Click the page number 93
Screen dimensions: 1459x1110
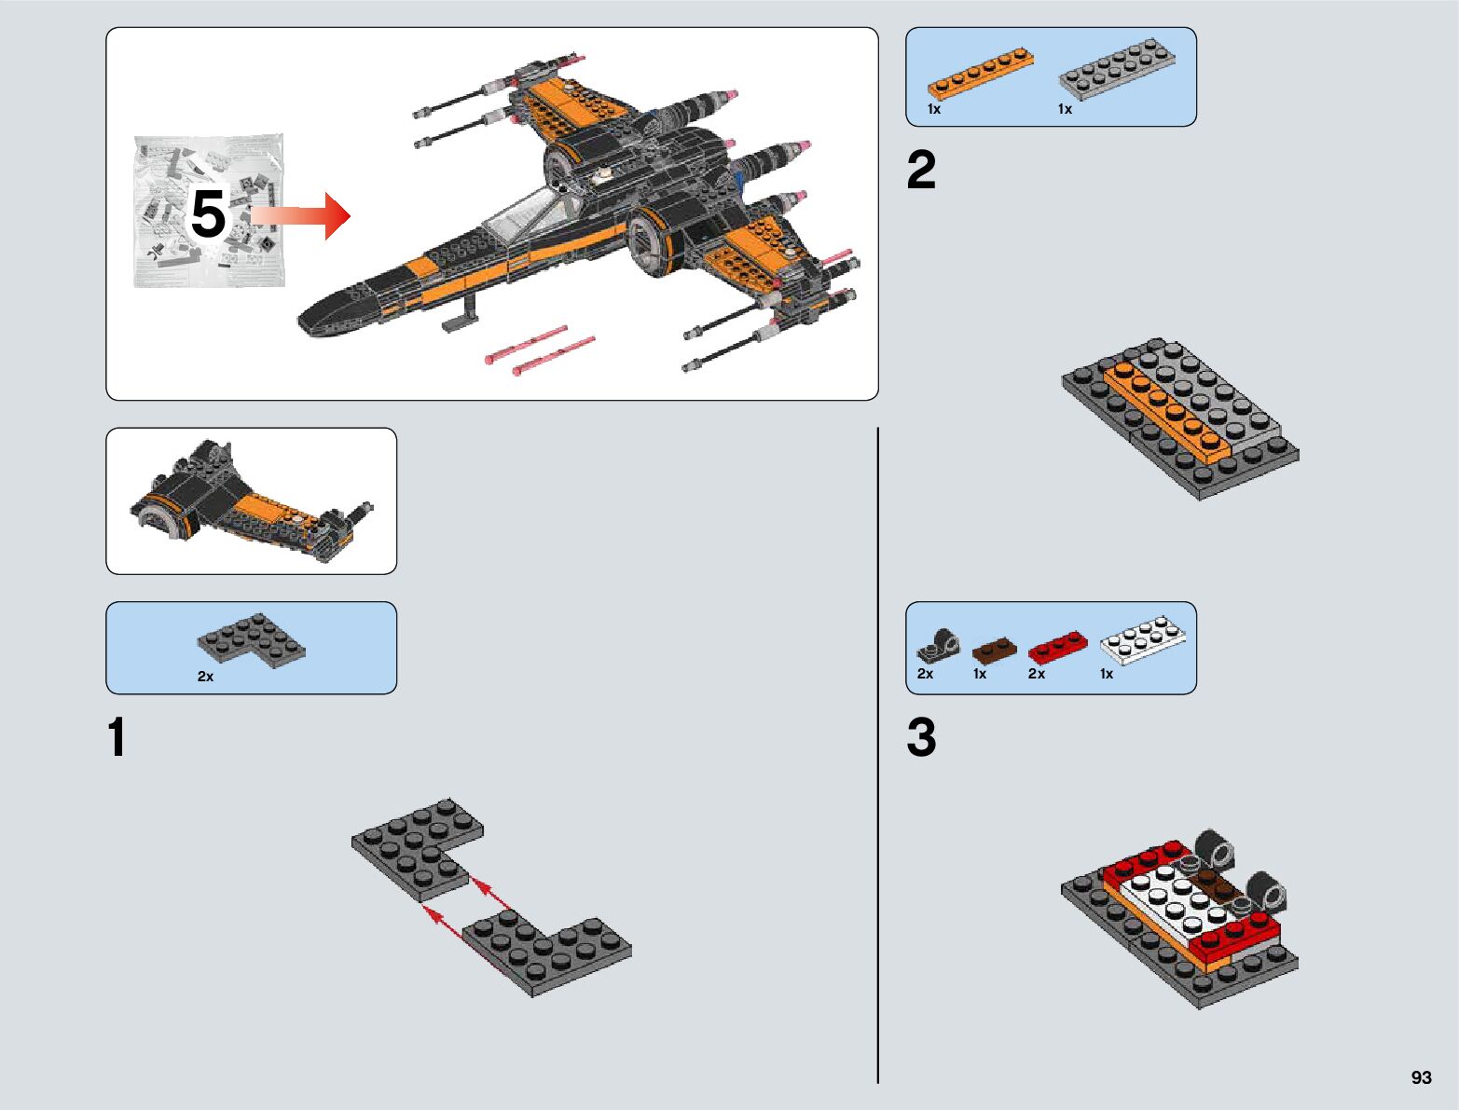pyautogui.click(x=1421, y=1077)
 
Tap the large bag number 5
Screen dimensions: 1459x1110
pyautogui.click(x=208, y=214)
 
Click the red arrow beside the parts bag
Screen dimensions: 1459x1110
pyautogui.click(x=301, y=215)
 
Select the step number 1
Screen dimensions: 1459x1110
pyautogui.click(x=117, y=738)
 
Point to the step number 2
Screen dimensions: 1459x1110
pyautogui.click(x=921, y=171)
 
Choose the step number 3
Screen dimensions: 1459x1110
pyautogui.click(x=921, y=738)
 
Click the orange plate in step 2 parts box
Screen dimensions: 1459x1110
pyautogui.click(x=980, y=73)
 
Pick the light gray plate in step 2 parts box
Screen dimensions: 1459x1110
pyautogui.click(x=1116, y=69)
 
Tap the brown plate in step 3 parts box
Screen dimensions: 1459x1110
pyautogui.click(x=994, y=649)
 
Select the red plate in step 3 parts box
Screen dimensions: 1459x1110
pyautogui.click(x=1057, y=647)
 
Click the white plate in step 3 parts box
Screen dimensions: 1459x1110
pyautogui.click(x=1143, y=639)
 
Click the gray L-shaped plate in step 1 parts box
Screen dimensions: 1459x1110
pyautogui.click(x=251, y=638)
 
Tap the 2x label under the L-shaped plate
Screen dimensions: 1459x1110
pyautogui.click(x=205, y=677)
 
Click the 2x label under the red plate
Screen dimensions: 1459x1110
pyautogui.click(x=1037, y=674)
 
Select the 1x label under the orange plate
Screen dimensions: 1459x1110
pyautogui.click(x=934, y=110)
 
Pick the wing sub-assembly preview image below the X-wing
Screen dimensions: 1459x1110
pyautogui.click(x=251, y=501)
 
